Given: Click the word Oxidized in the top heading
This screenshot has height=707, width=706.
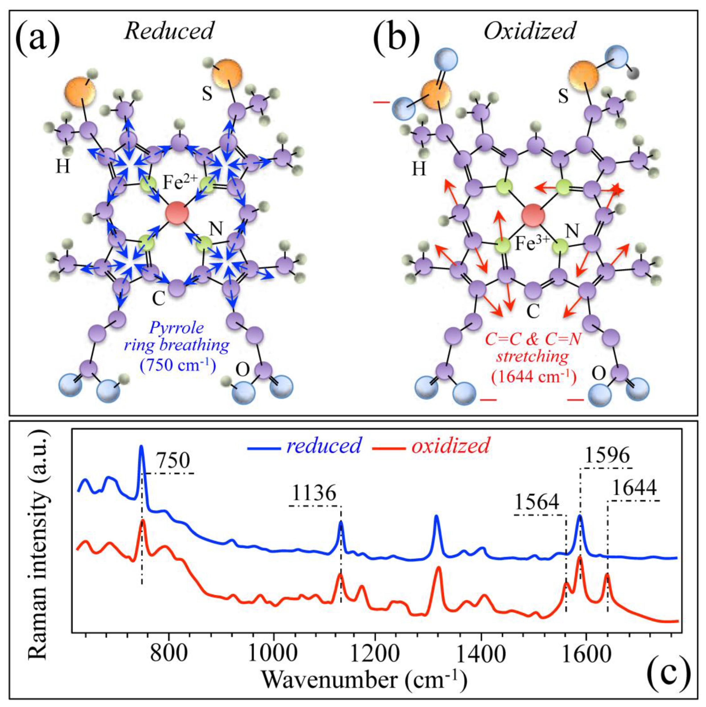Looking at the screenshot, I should click(529, 31).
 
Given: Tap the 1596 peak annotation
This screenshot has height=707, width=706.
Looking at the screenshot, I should click(607, 456).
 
